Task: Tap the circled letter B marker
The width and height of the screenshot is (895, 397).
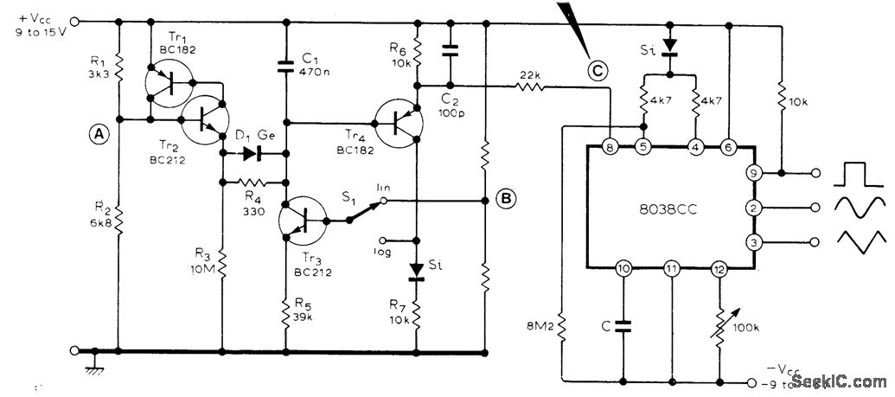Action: pyautogui.click(x=507, y=201)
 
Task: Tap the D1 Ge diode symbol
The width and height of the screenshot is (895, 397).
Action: pyautogui.click(x=253, y=155)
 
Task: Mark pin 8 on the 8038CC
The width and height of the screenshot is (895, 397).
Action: pyautogui.click(x=611, y=147)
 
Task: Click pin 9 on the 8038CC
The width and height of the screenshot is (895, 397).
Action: pyautogui.click(x=754, y=174)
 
